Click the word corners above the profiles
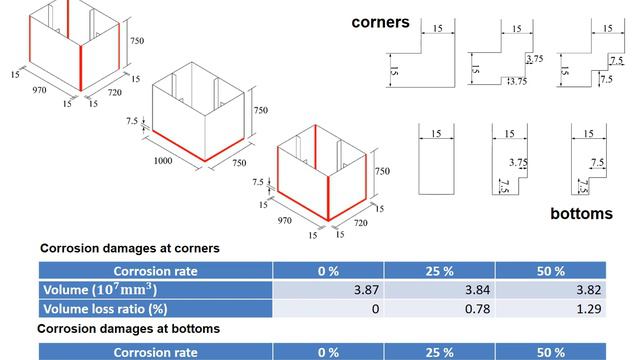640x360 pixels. coord(380,22)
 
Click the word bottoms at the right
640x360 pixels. coord(581,214)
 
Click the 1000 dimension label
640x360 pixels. coord(169,160)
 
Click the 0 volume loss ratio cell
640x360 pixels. coord(376,309)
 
